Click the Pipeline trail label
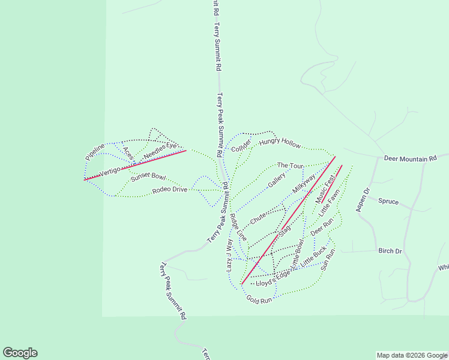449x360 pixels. point(95,151)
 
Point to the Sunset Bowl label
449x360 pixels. point(148,176)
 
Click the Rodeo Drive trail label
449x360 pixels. point(170,190)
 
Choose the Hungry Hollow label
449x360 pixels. point(280,142)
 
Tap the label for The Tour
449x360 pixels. point(291,165)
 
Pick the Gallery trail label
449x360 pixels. point(276,180)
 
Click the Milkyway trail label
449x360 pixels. point(304,184)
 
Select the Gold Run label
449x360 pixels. point(259,299)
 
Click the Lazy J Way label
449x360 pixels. point(229,255)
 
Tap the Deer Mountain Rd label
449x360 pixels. point(410,159)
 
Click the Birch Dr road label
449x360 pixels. point(390,250)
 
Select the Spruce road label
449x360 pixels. point(388,201)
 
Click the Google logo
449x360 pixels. point(20,353)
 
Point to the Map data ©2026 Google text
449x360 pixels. point(412,355)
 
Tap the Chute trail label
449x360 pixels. point(258,218)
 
